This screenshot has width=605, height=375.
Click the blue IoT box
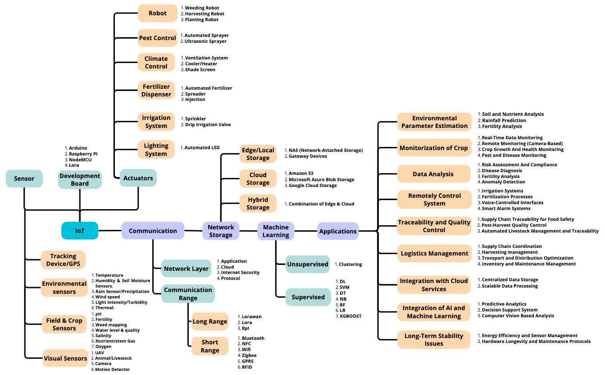point(80,231)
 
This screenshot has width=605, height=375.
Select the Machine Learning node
point(276,231)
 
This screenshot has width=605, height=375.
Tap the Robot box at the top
point(158,13)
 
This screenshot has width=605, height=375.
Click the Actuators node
point(138,178)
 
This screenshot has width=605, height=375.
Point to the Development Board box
point(80,179)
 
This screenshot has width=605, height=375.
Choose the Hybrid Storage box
point(258,203)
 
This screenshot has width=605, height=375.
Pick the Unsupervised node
point(308,264)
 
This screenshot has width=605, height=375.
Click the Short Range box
point(210,346)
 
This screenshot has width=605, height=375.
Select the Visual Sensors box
point(65,358)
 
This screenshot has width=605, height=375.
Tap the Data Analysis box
point(433,174)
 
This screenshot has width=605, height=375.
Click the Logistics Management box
point(434,253)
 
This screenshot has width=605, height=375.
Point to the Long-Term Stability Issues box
point(433,339)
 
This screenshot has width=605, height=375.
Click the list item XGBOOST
point(350,316)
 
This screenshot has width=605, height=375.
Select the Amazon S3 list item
point(300,174)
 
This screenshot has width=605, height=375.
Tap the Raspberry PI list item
point(83,154)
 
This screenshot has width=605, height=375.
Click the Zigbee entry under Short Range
point(249,356)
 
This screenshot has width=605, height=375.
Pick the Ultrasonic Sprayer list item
point(205,41)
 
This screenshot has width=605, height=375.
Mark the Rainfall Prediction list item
point(504,120)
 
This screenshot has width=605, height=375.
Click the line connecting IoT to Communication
point(110,231)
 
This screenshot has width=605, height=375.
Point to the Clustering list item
point(350,264)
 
